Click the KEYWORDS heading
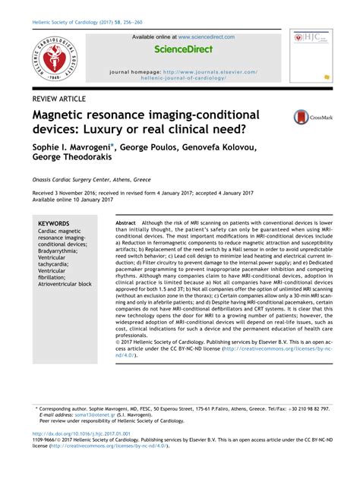(54, 224)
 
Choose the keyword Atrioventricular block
(65, 284)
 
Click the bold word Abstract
(125, 223)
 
